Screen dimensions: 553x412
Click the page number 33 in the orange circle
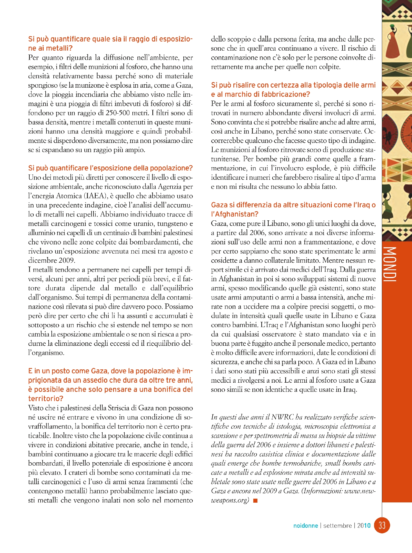(x=382, y=525)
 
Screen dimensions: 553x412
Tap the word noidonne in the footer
(x=306, y=526)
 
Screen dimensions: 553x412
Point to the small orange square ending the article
(x=255, y=500)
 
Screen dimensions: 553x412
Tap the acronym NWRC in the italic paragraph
(x=282, y=417)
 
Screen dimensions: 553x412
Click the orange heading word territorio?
(x=46, y=399)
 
